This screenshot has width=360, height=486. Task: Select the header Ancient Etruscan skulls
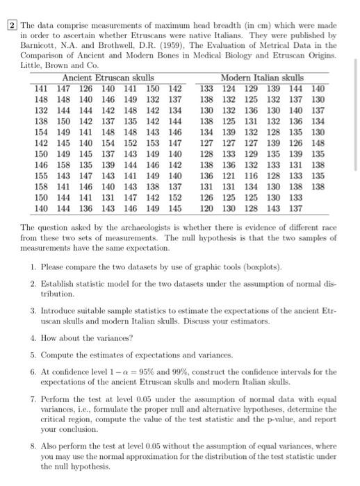(107, 78)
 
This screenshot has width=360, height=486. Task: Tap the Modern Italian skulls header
(261, 78)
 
